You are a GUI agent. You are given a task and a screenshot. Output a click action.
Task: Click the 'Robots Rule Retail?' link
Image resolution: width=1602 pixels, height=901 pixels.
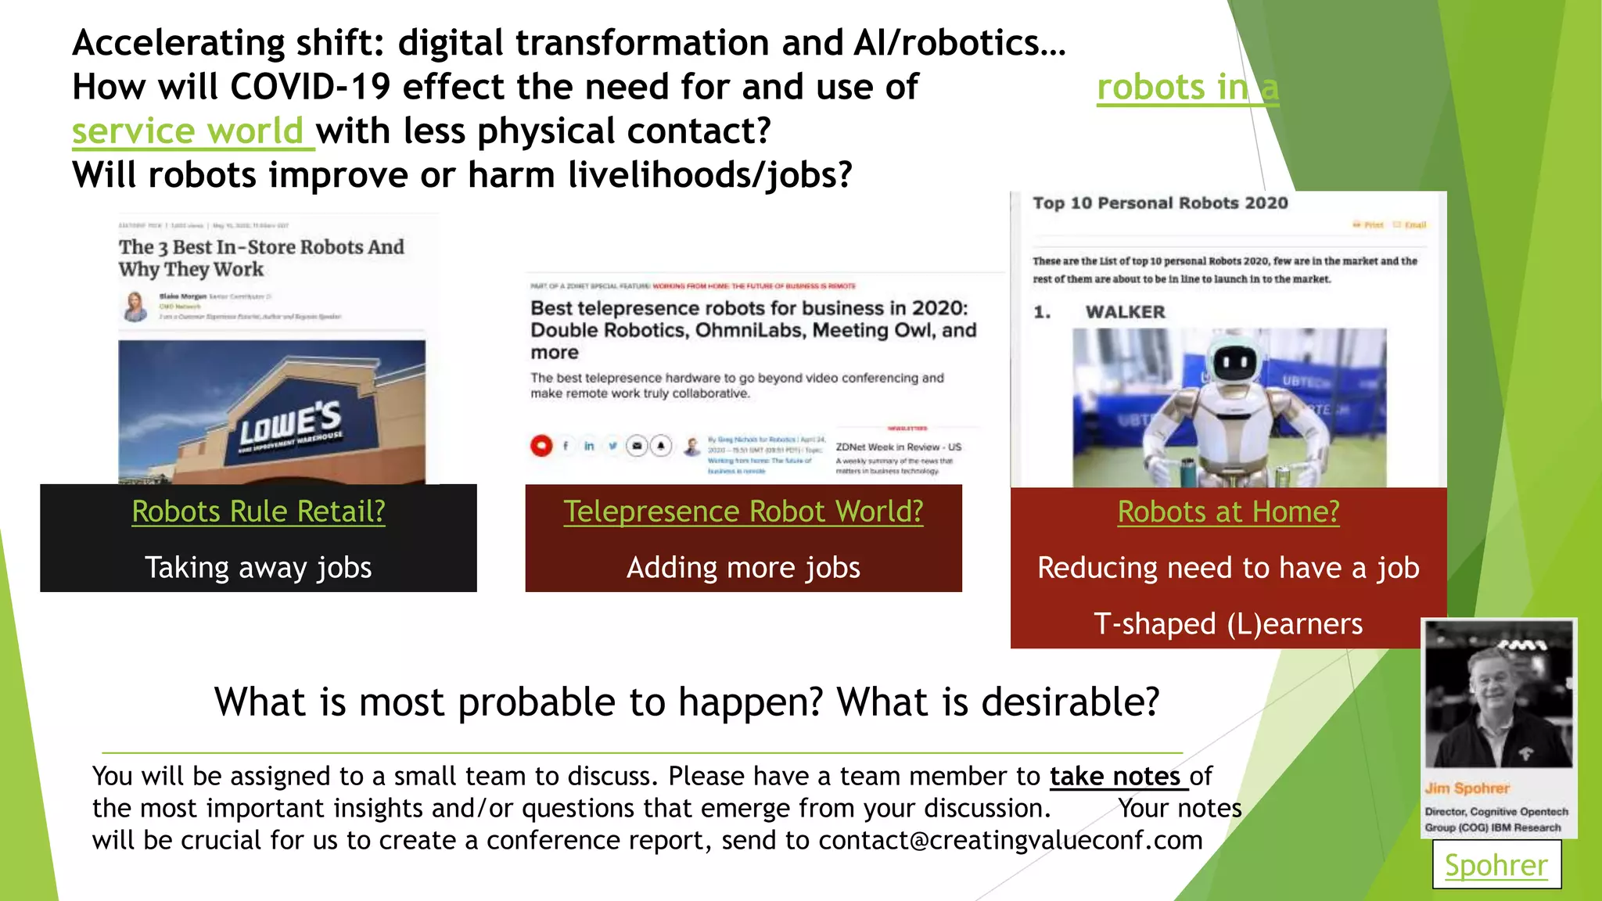click(x=258, y=512)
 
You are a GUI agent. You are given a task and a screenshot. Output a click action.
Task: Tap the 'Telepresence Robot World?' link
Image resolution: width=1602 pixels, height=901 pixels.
click(x=743, y=512)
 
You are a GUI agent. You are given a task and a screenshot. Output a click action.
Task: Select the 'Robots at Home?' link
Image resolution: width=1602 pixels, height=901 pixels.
click(x=1228, y=512)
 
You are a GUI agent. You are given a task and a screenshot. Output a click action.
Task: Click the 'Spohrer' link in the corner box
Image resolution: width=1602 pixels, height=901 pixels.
click(x=1496, y=865)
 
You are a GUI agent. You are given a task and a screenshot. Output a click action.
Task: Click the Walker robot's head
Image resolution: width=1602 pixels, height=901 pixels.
click(x=1235, y=361)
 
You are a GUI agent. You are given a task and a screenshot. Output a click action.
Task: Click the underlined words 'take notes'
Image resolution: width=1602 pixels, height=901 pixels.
click(x=1115, y=776)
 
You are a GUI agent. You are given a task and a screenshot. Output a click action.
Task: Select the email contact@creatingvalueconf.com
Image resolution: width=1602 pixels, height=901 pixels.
click(x=1010, y=840)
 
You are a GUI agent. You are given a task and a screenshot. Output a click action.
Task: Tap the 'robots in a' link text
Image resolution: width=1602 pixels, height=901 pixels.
click(x=1187, y=87)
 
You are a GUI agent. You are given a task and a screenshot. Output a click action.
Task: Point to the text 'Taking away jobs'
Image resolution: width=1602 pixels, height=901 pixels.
click(x=258, y=568)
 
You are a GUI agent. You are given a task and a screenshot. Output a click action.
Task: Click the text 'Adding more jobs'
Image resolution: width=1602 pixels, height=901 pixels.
click(x=743, y=568)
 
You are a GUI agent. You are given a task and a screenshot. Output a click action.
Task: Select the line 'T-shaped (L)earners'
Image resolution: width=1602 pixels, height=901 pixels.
click(x=1228, y=624)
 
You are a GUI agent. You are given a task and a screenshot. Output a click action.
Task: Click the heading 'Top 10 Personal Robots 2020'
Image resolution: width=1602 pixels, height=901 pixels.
click(x=1160, y=203)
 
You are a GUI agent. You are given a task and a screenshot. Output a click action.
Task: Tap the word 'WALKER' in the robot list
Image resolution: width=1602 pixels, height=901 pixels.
click(x=1125, y=312)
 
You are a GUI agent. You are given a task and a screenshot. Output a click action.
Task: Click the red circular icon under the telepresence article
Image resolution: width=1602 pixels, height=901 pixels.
click(x=541, y=446)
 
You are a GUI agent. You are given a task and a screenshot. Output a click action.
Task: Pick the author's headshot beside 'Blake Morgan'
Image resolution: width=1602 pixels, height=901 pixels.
click(x=135, y=306)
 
